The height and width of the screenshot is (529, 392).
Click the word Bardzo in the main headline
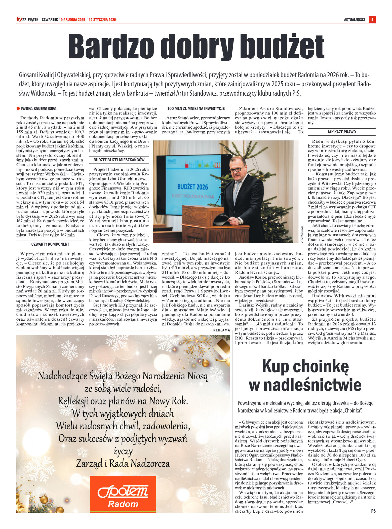coord(111,47)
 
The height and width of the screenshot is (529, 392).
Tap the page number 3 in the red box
coord(372,20)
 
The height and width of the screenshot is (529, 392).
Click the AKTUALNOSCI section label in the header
coord(354,20)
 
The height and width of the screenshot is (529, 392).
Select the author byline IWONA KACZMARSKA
coord(38,108)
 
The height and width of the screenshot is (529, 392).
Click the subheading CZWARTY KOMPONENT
coord(50,244)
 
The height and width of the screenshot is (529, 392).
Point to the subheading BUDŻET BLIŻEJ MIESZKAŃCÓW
coord(119,160)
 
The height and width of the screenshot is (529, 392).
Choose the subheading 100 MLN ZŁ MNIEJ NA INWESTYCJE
coord(196,108)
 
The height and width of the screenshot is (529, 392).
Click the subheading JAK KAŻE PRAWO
coord(341,132)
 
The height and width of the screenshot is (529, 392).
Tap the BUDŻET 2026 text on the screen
coord(192,187)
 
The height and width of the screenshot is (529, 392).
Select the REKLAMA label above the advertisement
coord(221,330)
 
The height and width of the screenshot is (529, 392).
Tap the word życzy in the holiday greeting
coord(123,451)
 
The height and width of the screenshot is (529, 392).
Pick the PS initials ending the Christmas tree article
coord(373,511)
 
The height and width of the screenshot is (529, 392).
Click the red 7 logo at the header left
coord(19,19)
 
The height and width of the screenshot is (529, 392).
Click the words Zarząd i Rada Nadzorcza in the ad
coord(123,464)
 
